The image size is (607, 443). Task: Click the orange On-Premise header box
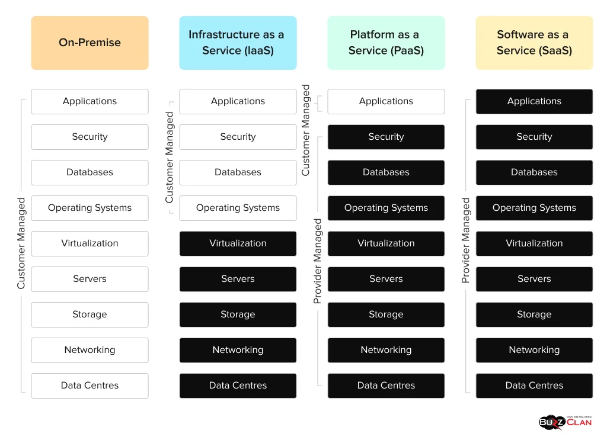[90, 43]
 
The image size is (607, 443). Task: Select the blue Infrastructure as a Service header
[238, 43]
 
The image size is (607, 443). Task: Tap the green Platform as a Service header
[386, 43]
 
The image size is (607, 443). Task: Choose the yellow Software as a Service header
[534, 43]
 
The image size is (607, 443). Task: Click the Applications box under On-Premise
[90, 101]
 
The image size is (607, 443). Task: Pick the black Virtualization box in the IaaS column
[238, 243]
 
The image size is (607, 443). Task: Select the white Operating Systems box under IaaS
[238, 208]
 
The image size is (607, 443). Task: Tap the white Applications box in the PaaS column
[386, 101]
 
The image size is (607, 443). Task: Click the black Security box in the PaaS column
[386, 137]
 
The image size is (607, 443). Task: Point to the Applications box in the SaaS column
[534, 101]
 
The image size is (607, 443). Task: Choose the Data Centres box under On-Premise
[90, 386]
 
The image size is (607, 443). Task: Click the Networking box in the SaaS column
[534, 350]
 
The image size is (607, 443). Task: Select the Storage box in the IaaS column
[238, 314]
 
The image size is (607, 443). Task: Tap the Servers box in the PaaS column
[386, 279]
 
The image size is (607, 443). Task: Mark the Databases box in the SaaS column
[534, 172]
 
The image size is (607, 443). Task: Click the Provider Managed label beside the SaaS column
[466, 240]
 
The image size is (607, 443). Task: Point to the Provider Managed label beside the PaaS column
[318, 261]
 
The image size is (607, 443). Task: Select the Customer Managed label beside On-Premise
[21, 243]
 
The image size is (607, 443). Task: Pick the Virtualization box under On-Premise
[90, 243]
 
